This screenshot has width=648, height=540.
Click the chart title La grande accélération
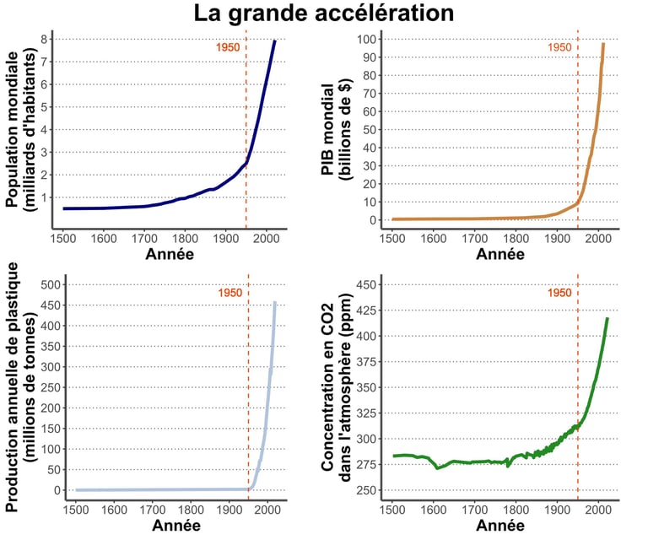(x=324, y=13)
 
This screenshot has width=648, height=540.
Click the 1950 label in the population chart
(x=229, y=47)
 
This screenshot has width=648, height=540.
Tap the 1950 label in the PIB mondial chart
(x=560, y=47)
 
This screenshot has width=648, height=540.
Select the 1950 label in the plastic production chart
(x=230, y=293)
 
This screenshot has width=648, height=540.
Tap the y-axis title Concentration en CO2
(x=334, y=388)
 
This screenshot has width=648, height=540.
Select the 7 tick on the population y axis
(x=43, y=62)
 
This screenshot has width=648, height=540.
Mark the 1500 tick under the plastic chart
(x=75, y=510)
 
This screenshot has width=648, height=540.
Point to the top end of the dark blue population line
(x=275, y=41)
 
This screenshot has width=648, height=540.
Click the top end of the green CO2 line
(x=607, y=319)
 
